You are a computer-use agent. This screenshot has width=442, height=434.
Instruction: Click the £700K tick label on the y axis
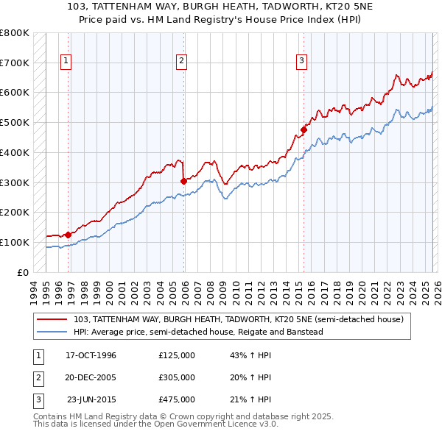pos(15,63)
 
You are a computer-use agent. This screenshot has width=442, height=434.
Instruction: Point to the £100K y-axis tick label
pos(15,242)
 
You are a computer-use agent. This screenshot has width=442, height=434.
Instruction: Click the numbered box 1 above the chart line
pos(66,62)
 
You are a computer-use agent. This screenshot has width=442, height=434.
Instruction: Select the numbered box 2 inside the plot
pos(181,62)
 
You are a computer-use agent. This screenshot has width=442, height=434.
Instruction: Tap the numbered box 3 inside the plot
pos(301,62)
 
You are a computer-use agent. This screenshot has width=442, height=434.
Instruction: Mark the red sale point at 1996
pos(69,235)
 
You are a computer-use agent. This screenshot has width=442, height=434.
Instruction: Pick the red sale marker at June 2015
pos(303,130)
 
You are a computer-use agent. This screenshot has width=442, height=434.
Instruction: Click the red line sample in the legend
pos(53,320)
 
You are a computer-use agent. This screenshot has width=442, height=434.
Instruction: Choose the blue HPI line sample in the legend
pos(53,332)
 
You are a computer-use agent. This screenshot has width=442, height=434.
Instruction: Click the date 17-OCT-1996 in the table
pos(91,355)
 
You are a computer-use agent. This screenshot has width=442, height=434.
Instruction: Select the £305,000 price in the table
pos(177,377)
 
